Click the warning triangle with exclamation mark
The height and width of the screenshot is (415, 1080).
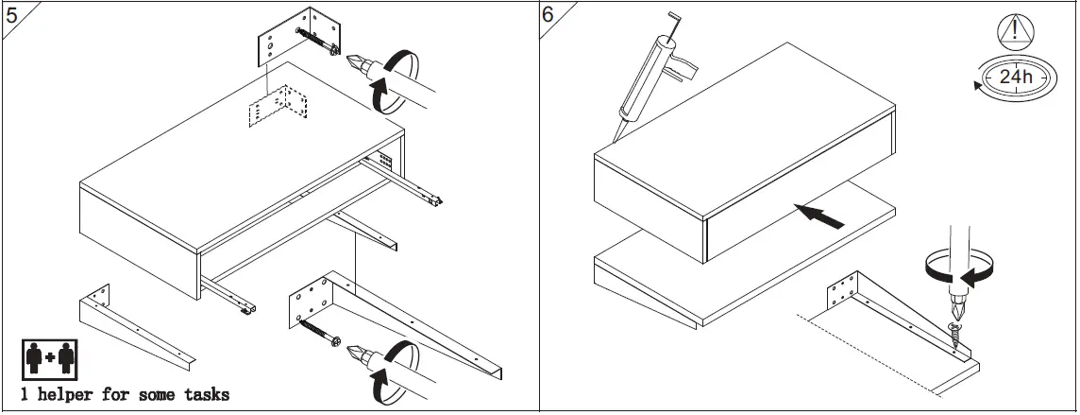[1014, 31]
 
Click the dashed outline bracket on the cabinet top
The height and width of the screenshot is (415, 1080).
[278, 106]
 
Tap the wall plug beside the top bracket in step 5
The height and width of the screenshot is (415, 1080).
[322, 43]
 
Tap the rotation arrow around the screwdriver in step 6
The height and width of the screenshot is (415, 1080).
[960, 269]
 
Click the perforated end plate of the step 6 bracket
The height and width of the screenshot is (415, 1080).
[845, 289]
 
